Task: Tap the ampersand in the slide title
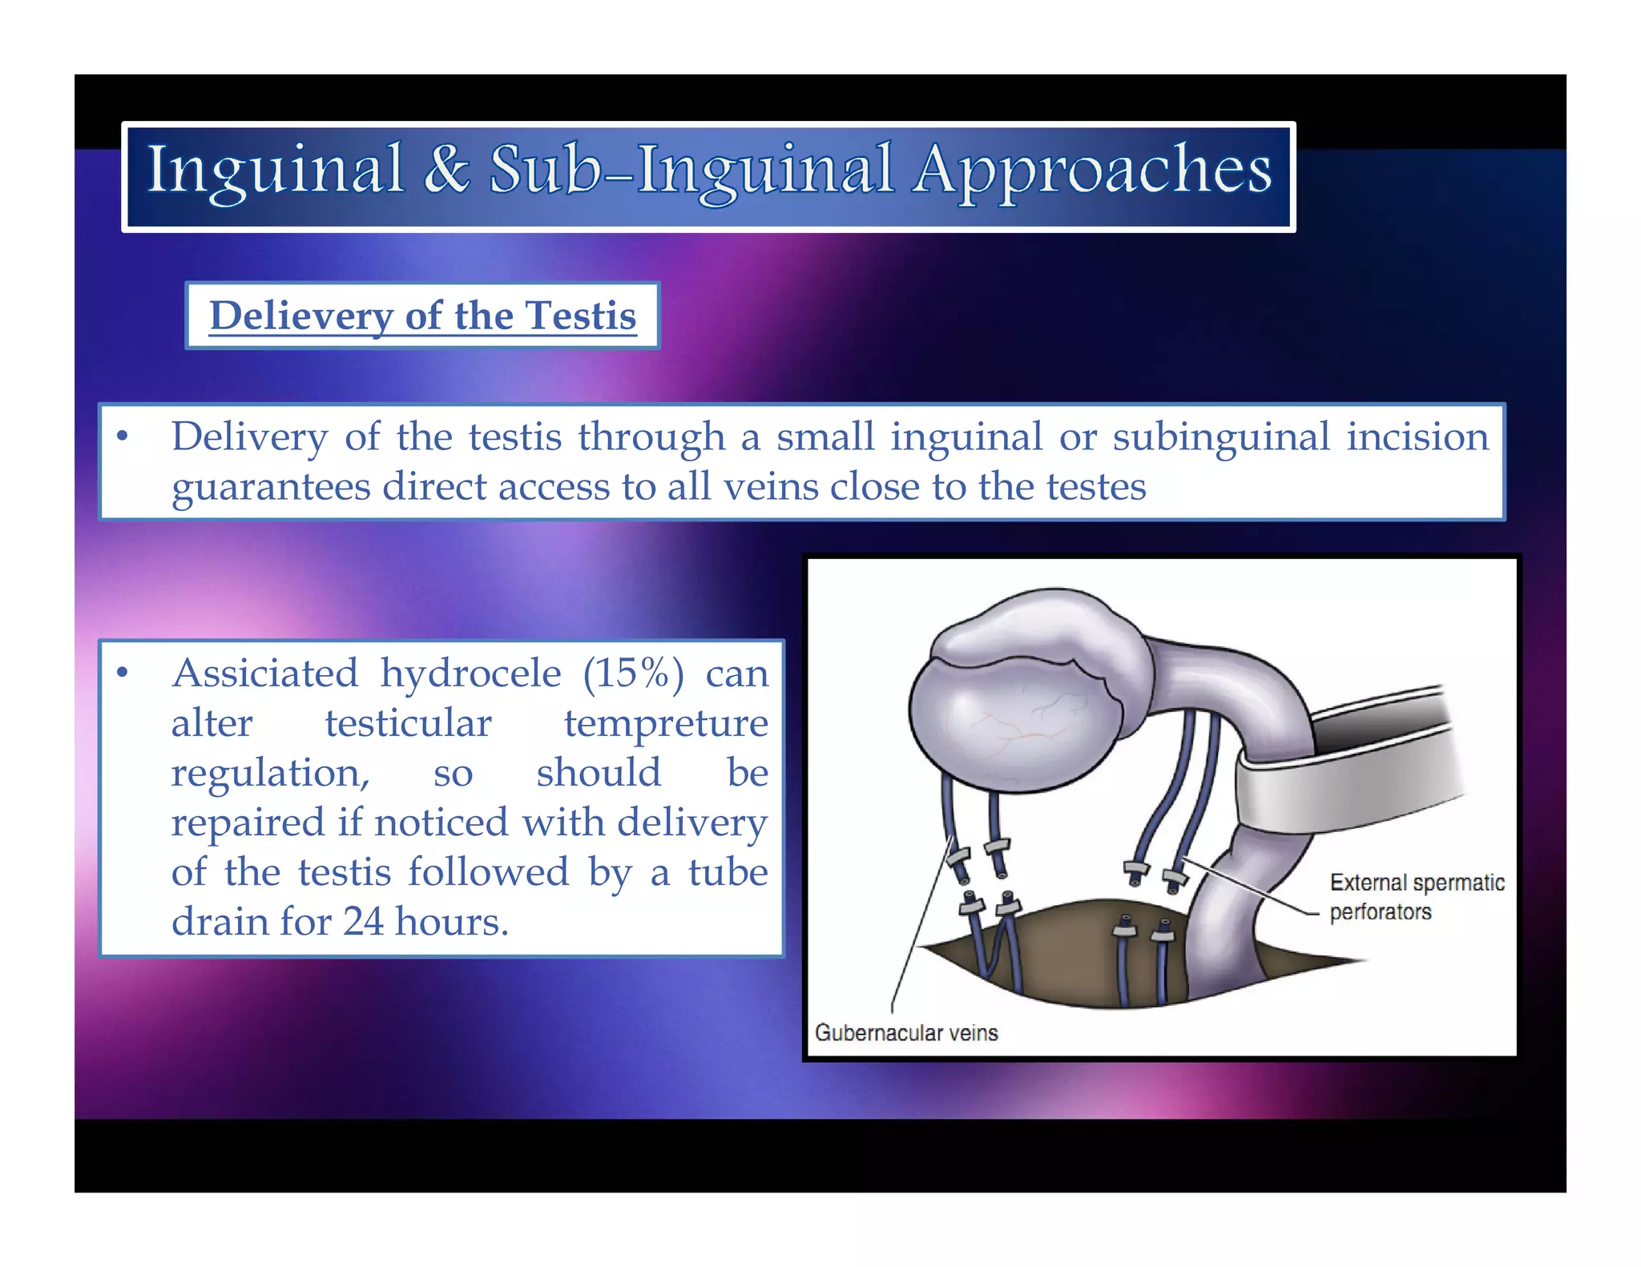point(446,170)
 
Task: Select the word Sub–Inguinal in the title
point(691,171)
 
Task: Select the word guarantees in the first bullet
point(271,488)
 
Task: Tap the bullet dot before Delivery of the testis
point(123,436)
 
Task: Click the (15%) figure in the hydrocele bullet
point(633,674)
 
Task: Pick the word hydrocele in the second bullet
point(470,674)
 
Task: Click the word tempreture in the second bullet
point(666,723)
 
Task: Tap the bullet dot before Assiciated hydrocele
point(123,673)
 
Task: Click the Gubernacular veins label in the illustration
point(906,1033)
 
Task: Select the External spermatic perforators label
point(1416,897)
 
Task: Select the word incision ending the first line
point(1417,437)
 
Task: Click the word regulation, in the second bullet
point(271,773)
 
